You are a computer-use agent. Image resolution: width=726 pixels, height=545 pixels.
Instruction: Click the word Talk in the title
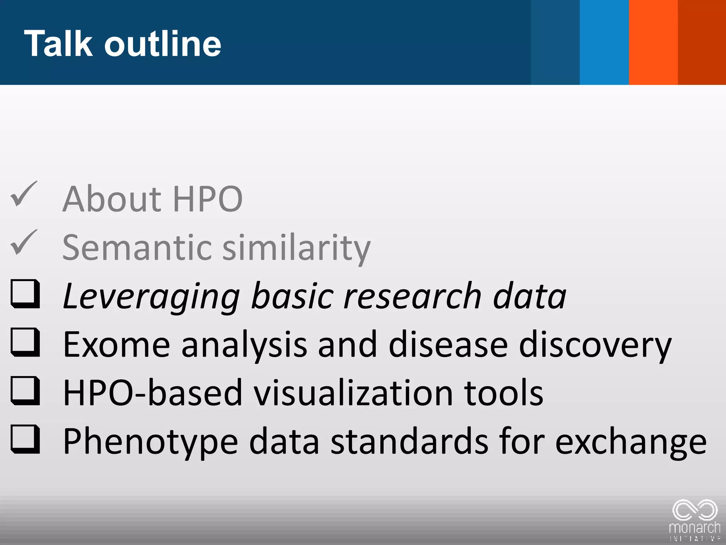tap(58, 43)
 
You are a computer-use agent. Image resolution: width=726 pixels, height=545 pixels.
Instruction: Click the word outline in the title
tap(163, 43)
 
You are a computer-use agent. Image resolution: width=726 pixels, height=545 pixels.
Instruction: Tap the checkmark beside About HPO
tap(24, 194)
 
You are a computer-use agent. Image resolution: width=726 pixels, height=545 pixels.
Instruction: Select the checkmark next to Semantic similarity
tap(24, 243)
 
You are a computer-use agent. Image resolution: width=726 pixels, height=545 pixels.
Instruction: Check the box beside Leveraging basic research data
tap(25, 294)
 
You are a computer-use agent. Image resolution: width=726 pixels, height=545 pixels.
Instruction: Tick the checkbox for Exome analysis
tap(25, 342)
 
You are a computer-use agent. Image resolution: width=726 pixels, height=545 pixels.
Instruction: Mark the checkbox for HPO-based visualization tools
tap(25, 391)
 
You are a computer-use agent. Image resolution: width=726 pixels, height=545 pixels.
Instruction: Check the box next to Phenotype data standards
tap(25, 439)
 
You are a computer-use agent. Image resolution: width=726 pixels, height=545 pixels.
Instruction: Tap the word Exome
tap(117, 344)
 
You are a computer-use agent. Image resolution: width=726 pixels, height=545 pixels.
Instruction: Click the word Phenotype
tap(150, 442)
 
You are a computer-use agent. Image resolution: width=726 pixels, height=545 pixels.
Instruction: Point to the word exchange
tap(631, 442)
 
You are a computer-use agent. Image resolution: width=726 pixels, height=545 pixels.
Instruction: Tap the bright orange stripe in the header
tap(653, 42)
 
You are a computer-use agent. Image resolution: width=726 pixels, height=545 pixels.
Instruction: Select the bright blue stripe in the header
tap(604, 42)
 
